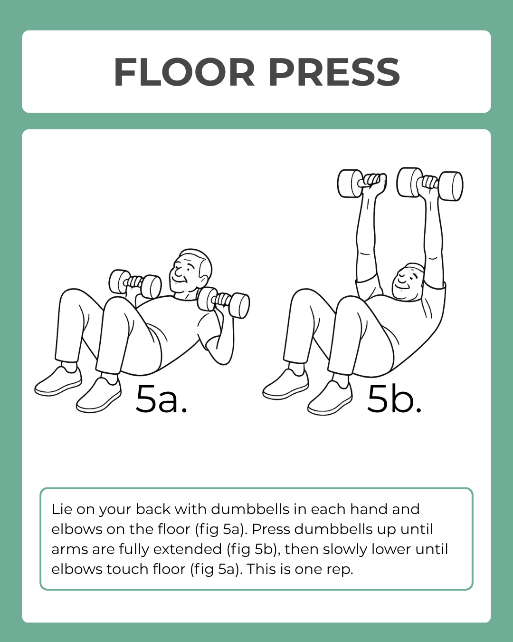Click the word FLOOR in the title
point(184,72)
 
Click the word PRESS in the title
point(334,72)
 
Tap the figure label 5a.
point(161,399)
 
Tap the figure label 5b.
point(394,399)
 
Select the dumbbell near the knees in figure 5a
point(135,283)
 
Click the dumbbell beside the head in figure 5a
point(223,302)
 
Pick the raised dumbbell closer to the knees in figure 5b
point(361,183)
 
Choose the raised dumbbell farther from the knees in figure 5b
point(429,184)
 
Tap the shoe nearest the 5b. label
point(331,399)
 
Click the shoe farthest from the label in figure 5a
point(58,382)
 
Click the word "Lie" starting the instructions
point(61,509)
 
